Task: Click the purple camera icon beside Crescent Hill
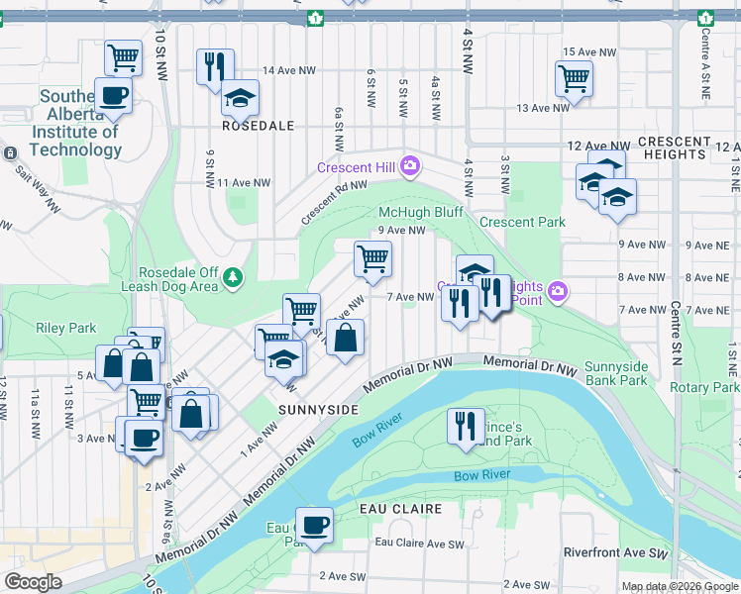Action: click(x=409, y=166)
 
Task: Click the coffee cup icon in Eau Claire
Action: click(x=315, y=525)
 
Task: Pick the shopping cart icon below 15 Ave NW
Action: click(x=574, y=78)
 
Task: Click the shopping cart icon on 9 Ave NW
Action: click(x=372, y=259)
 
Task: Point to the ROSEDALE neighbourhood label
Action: click(x=259, y=126)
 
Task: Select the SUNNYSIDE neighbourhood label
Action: click(x=317, y=408)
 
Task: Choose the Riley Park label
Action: click(x=65, y=328)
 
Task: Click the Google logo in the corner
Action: click(x=33, y=582)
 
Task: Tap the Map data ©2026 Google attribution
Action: click(x=680, y=586)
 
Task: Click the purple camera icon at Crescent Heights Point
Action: click(x=558, y=291)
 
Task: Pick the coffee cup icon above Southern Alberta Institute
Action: click(x=113, y=95)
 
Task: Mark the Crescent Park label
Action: click(x=522, y=222)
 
